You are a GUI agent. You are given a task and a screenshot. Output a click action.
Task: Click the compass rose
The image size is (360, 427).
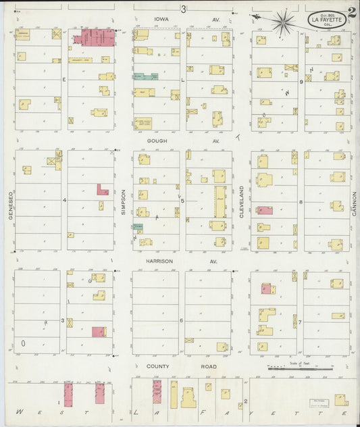click(x=284, y=22)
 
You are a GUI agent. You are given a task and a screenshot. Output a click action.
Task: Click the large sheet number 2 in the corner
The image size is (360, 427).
click(x=352, y=11)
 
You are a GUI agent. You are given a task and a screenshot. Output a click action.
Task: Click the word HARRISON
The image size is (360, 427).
click(x=158, y=261)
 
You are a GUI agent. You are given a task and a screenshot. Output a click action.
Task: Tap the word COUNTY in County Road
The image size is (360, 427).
click(x=157, y=366)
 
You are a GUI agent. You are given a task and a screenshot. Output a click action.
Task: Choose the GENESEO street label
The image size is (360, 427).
click(x=11, y=200)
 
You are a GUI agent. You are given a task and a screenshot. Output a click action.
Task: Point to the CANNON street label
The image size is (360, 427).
click(x=353, y=200)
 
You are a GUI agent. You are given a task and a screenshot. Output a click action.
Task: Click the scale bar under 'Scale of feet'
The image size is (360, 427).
click(x=301, y=369)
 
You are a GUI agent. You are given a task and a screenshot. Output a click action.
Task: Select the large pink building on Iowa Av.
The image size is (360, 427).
click(x=93, y=37)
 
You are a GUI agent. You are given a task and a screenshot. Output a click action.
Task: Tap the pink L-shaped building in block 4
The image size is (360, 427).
click(x=102, y=190)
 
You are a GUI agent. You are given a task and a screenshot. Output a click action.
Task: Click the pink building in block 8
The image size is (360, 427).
click(x=265, y=210)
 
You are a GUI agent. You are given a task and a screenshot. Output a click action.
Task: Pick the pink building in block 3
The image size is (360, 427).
click(x=99, y=332)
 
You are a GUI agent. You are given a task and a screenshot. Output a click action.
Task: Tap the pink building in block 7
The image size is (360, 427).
click(x=265, y=289)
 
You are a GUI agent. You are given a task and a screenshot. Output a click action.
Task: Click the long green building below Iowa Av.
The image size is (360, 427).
click(x=145, y=77)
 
